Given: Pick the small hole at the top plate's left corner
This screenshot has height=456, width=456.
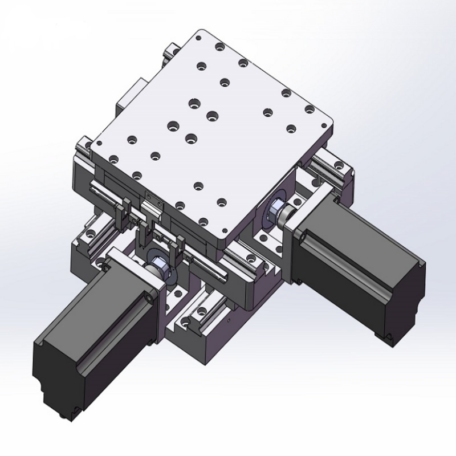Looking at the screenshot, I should click(x=99, y=145).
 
